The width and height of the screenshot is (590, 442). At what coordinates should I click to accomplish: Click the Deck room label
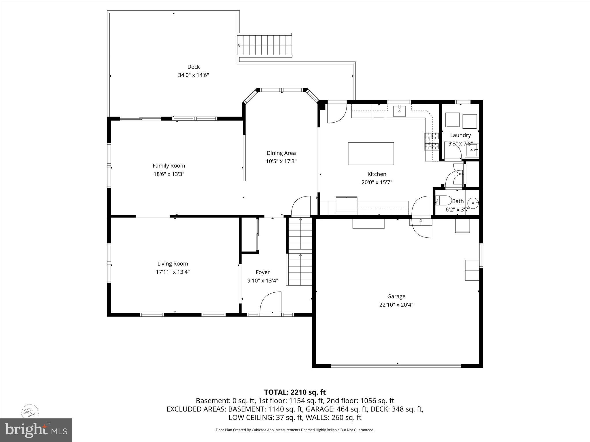tap(193, 67)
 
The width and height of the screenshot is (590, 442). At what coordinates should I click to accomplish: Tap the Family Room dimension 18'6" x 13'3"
tap(169, 174)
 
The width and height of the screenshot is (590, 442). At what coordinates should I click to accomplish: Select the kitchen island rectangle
tap(371, 154)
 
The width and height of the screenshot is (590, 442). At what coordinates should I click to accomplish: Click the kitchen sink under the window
tap(399, 111)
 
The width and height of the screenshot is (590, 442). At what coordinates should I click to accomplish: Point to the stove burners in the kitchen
tap(431, 141)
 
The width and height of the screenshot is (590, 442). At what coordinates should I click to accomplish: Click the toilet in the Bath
tap(443, 200)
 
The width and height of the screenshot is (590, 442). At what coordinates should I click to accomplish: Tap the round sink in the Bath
tap(473, 203)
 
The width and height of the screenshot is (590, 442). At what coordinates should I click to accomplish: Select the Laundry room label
tap(460, 135)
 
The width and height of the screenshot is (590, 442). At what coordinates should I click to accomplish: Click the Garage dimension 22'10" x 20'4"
tap(396, 305)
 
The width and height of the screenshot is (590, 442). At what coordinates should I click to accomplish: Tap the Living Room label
tap(173, 264)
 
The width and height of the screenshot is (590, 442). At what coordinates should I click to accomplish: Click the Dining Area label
tap(281, 153)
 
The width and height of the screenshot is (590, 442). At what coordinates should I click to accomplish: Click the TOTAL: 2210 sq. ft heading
tap(295, 392)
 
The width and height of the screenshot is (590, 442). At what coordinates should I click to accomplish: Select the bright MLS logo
tap(36, 430)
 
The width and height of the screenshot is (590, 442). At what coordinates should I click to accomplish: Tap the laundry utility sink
tap(472, 150)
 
